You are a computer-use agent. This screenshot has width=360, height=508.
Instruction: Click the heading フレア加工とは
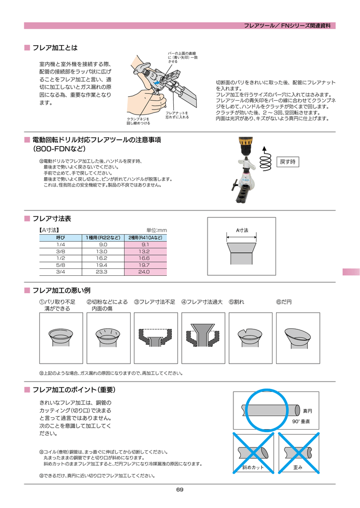pos(55,48)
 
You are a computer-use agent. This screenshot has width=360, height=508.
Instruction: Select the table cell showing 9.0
pos(103,245)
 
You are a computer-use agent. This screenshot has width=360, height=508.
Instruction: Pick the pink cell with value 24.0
pos(144,272)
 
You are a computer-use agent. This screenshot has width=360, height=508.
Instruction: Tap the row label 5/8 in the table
pos(61,265)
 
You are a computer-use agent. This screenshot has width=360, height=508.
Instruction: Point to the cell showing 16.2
pos(102,258)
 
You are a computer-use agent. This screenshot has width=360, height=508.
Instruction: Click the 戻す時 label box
pos(288,162)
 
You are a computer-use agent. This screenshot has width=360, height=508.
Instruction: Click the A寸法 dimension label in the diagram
pos(242,230)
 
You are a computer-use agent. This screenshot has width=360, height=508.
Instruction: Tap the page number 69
pos(180,490)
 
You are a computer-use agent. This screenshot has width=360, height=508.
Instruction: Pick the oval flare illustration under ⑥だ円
pos(297,336)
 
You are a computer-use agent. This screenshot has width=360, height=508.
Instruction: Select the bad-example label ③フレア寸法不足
pos(154,302)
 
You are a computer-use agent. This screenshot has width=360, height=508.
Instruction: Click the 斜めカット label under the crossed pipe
pos(253,468)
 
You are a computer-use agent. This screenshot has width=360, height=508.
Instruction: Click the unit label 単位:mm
pos(156,230)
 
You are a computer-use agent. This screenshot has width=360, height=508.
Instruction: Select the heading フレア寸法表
pos(52,218)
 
